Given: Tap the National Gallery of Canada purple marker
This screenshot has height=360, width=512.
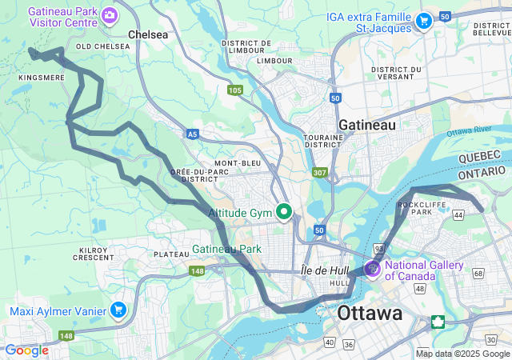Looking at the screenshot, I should pyautogui.click(x=373, y=267).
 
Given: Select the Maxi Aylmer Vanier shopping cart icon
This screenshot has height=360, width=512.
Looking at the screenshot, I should pyautogui.click(x=118, y=310).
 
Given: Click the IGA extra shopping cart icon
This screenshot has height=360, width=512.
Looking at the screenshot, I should pyautogui.click(x=423, y=21).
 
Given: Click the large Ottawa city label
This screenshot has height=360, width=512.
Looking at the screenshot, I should pyautogui.click(x=370, y=313).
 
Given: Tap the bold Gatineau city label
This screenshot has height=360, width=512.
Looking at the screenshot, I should pyautogui.click(x=367, y=126).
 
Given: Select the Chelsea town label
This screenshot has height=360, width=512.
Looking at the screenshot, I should pyautogui.click(x=149, y=35).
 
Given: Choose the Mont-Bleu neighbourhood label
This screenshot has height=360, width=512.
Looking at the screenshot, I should pyautogui.click(x=238, y=163).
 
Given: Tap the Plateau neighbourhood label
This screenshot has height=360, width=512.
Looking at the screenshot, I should pyautogui.click(x=170, y=254).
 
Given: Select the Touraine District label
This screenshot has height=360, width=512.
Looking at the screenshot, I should pyautogui.click(x=323, y=142).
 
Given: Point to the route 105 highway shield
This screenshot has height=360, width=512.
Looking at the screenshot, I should pyautogui.click(x=234, y=90).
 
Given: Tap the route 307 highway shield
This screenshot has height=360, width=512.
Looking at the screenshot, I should pyautogui.click(x=319, y=172).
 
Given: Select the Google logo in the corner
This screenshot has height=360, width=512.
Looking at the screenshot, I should pyautogui.click(x=26, y=350).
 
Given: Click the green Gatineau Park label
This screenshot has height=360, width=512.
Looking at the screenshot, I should pyautogui.click(x=227, y=250).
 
